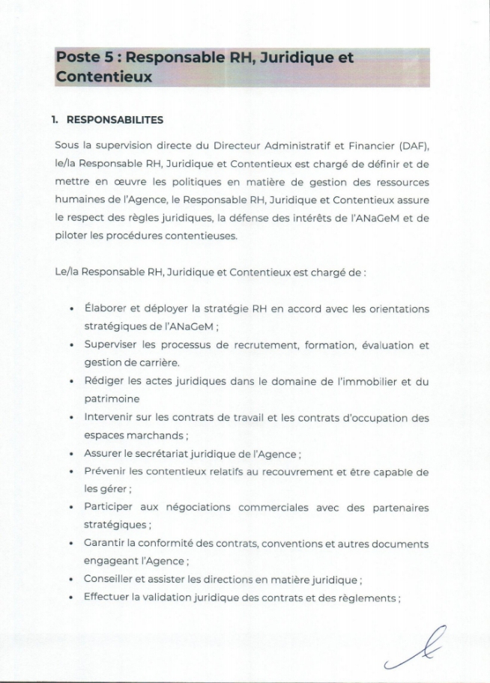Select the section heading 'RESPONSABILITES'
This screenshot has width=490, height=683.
click(x=115, y=120)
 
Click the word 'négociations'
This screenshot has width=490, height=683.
click(x=196, y=508)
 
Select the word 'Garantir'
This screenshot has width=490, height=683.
click(x=106, y=544)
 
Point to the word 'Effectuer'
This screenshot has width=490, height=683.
click(x=108, y=598)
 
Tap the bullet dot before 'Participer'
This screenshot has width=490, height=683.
click(x=70, y=508)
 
